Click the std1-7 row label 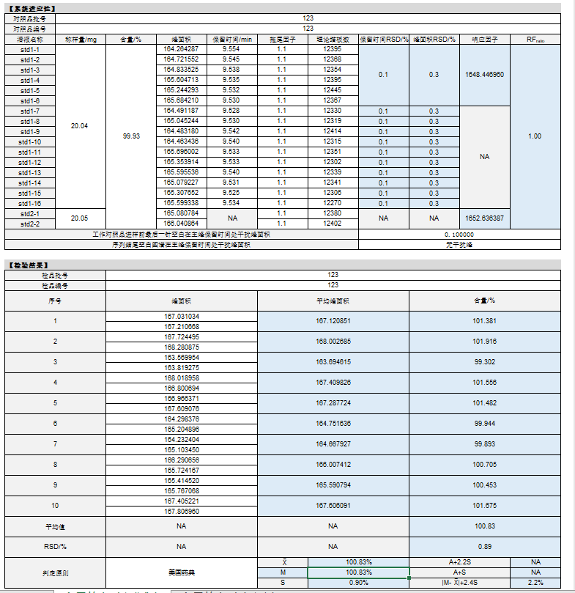[30, 111]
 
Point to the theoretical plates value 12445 [332, 89]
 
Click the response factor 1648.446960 [484, 75]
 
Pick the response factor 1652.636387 [484, 218]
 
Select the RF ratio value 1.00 [535, 136]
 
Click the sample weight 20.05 [79, 218]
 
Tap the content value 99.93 [132, 136]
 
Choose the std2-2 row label [30, 224]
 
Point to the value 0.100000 [459, 234]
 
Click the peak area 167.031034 [182, 316]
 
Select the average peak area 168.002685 [333, 342]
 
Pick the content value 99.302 [484, 362]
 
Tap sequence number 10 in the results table [55, 506]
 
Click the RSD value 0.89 [484, 547]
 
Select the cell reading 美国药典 [182, 572]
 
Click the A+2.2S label [459, 561]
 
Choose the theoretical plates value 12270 [332, 203]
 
